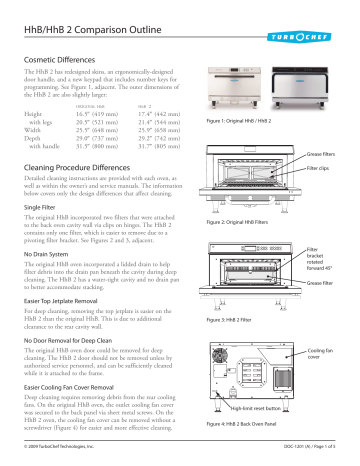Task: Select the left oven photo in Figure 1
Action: click(234, 83)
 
